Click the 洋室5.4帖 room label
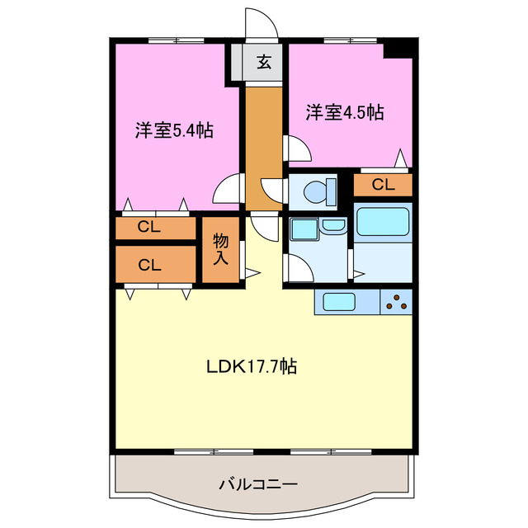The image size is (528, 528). (175, 130)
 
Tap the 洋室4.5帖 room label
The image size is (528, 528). (346, 113)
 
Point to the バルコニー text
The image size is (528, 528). (258, 484)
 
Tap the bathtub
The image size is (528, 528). (383, 221)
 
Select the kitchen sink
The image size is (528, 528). (339, 303)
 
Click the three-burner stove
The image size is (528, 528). (396, 303)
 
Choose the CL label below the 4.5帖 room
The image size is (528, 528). (383, 185)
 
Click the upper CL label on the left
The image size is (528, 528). (149, 226)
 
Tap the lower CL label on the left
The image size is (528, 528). (149, 265)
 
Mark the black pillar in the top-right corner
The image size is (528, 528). (402, 48)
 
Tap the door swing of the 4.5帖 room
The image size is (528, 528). (297, 148)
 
